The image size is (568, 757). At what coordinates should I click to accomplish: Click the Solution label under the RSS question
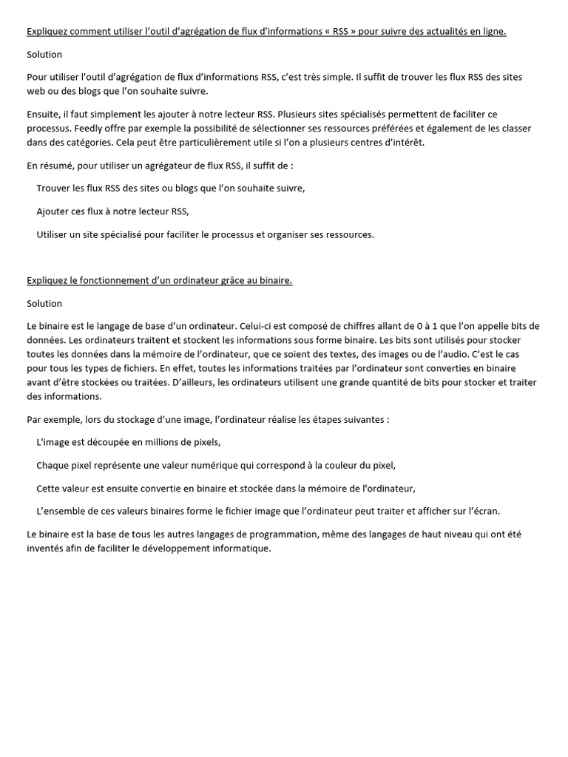click(44, 55)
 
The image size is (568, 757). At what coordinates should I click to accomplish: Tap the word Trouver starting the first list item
click(55, 188)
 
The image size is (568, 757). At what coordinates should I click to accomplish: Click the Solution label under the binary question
click(44, 303)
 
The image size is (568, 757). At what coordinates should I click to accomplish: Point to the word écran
click(485, 511)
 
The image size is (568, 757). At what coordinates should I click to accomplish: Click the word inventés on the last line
click(47, 549)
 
